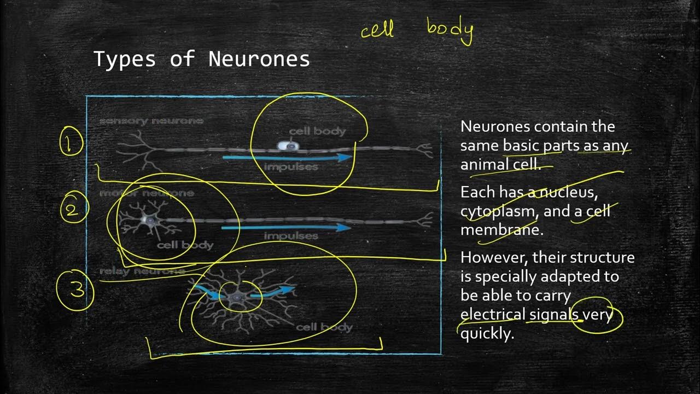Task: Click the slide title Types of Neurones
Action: click(202, 59)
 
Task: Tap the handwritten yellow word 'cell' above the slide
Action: click(377, 30)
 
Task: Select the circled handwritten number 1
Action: click(69, 144)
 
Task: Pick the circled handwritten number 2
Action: click(73, 210)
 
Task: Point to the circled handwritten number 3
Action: click(75, 290)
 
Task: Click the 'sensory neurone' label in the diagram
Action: click(151, 121)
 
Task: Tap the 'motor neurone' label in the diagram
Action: click(147, 193)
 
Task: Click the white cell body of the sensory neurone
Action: click(287, 146)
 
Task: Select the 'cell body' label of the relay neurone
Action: click(324, 327)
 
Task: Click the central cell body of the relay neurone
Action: click(236, 297)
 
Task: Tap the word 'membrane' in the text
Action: click(500, 230)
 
